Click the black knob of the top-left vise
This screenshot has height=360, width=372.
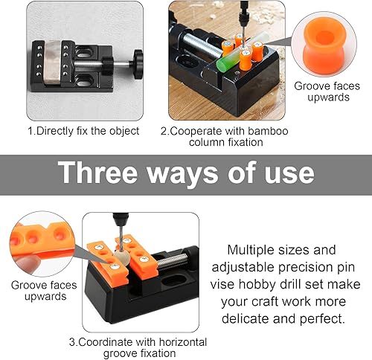138,64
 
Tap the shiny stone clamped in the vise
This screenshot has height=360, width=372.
52,62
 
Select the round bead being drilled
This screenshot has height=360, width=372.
121,258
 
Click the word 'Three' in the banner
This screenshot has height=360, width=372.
97,173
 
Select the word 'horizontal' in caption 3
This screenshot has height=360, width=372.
183,342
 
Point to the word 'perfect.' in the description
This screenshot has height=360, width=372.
322,319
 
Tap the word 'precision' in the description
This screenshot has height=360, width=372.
304,268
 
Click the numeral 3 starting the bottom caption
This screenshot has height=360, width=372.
71,342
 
